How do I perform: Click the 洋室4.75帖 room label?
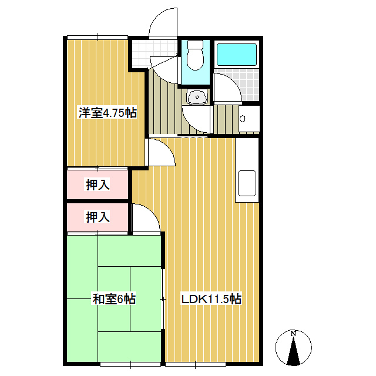(x=108, y=113)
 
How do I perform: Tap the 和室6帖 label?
(x=114, y=299)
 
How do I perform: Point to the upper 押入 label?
(x=98, y=185)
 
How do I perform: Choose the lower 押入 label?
(x=98, y=217)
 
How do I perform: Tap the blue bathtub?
(x=237, y=55)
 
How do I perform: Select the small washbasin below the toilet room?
(x=196, y=96)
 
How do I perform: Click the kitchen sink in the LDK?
(x=246, y=184)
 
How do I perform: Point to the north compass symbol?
(x=294, y=350)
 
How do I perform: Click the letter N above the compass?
(x=294, y=333)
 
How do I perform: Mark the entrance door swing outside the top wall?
(x=162, y=23)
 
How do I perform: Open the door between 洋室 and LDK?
(x=159, y=154)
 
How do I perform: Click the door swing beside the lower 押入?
(x=145, y=219)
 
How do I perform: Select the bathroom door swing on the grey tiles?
(x=226, y=88)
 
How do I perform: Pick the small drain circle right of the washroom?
(x=243, y=119)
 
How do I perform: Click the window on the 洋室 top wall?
(x=98, y=38)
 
